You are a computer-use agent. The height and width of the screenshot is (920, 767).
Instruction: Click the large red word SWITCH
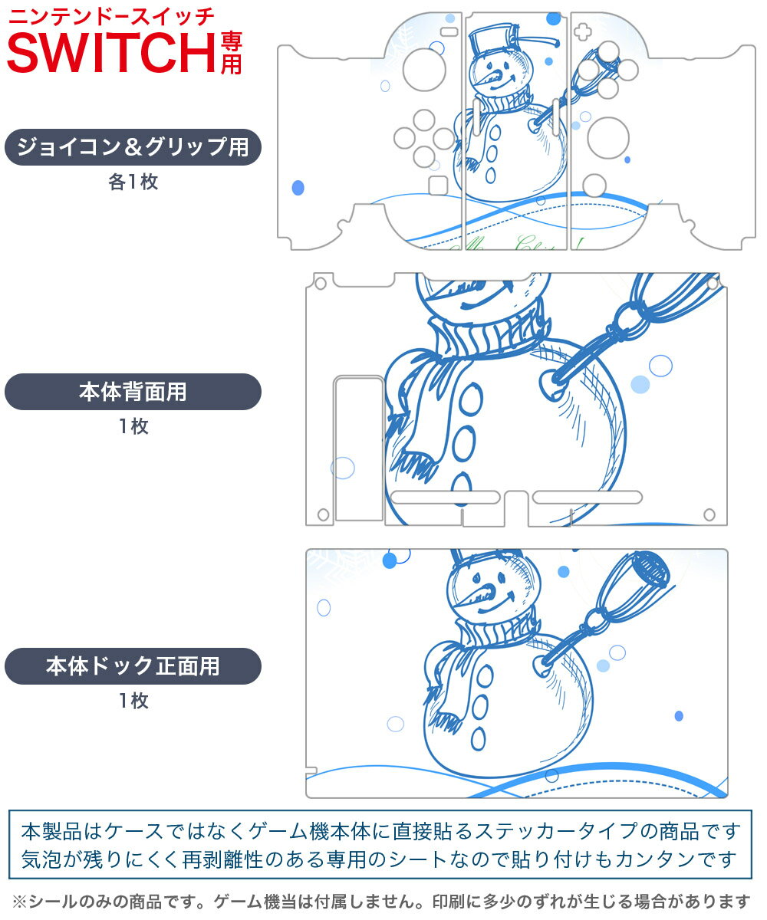tap(111, 52)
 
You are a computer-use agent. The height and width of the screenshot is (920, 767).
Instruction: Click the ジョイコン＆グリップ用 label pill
tap(133, 147)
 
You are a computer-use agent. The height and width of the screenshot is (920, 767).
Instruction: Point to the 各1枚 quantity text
tap(133, 182)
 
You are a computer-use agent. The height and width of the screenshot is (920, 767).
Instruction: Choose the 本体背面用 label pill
tap(133, 392)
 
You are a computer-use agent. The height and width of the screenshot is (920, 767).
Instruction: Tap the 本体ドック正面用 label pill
tap(133, 666)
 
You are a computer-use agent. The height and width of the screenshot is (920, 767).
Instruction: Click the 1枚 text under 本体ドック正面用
tap(133, 701)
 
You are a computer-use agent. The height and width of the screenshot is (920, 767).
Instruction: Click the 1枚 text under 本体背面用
tap(133, 426)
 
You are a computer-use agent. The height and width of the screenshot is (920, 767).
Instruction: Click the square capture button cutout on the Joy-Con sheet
tap(437, 185)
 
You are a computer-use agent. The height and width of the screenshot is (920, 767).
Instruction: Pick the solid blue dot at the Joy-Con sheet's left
tap(298, 187)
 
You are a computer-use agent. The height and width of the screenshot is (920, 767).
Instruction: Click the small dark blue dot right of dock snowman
tap(679, 715)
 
